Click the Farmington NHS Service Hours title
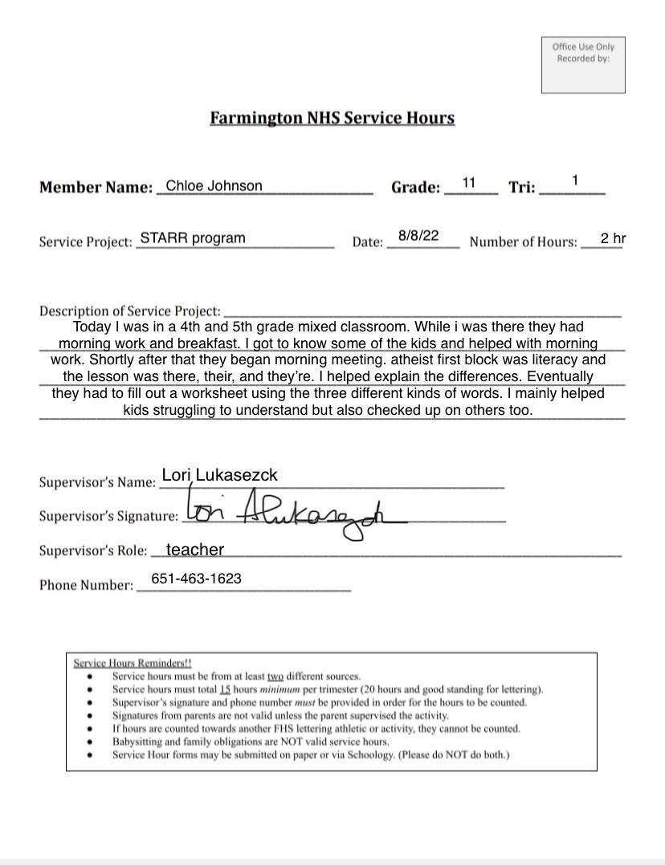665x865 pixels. click(x=332, y=118)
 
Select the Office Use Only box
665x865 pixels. click(x=583, y=65)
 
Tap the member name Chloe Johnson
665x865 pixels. click(x=214, y=186)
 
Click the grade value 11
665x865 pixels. click(x=469, y=183)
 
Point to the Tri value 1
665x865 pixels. click(x=575, y=181)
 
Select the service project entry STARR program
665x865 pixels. click(x=193, y=238)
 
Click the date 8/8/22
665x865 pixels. click(x=418, y=236)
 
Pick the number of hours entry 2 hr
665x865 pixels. click(x=613, y=238)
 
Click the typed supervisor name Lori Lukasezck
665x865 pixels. click(x=219, y=475)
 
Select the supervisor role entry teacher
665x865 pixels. click(x=194, y=550)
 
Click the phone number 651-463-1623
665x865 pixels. click(x=196, y=579)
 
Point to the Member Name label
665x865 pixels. click(x=96, y=188)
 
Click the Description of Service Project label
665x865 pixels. click(x=129, y=311)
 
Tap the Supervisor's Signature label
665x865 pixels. click(x=108, y=516)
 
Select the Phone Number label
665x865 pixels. click(x=86, y=585)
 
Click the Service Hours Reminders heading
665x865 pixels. click(x=133, y=663)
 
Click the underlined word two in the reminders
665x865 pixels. click(x=275, y=676)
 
